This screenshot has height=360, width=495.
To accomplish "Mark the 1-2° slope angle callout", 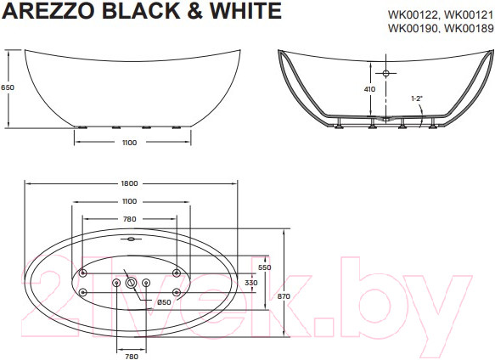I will click(x=416, y=98).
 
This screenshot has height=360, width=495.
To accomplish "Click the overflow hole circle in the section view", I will click(x=386, y=74).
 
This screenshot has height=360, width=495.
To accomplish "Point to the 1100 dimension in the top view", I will click(x=130, y=200).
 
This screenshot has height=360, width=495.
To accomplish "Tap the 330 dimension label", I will click(x=251, y=282).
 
